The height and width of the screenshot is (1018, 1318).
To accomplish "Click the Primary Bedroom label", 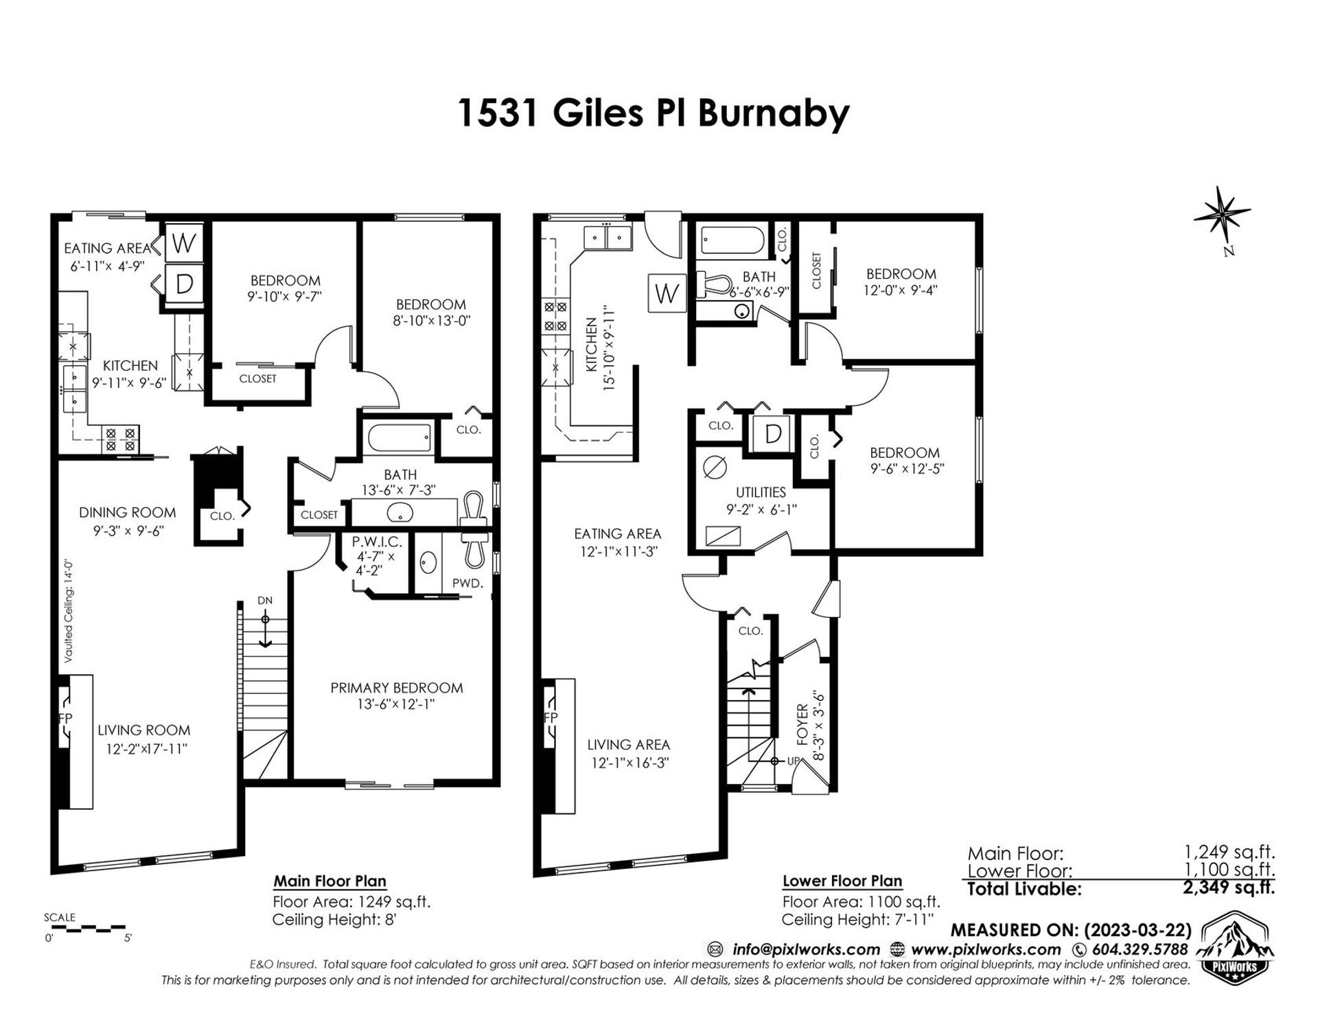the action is point(396,688).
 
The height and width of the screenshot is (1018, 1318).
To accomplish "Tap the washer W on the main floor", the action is point(183,242).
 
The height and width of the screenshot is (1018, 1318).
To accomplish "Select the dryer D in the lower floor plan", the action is point(773,434).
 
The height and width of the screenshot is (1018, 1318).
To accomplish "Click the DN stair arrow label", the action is point(265,601).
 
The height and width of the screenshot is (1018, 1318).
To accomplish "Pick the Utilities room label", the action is point(761,492).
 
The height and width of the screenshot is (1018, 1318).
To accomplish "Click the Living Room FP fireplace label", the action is point(67,718).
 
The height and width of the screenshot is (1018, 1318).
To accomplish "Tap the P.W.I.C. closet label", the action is point(376,542).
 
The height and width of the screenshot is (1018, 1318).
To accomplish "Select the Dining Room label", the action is point(127,512).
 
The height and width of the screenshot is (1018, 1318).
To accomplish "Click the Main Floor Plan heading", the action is point(329,881).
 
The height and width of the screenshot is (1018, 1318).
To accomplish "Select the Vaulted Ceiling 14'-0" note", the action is point(69,612).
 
